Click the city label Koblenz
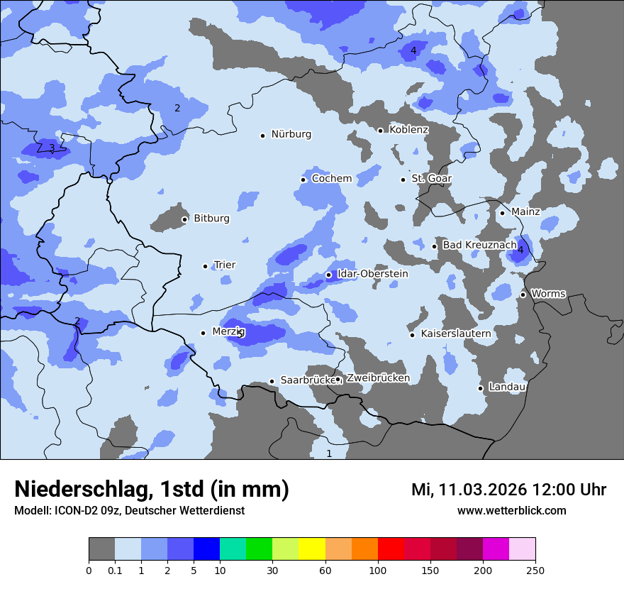pos(408,130)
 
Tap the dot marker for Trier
pos(206,266)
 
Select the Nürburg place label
pos(291,134)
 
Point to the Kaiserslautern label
pos(455,334)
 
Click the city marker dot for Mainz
pos(502,213)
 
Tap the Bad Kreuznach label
pos(479,245)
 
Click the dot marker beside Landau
pos(481,388)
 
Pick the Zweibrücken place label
pos(377,378)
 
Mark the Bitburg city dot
pos(184,219)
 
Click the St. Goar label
pos(431,178)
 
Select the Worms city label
pos(547,294)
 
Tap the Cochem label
pos(331,178)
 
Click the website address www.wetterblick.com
pos(511,510)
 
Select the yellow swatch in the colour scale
pos(312,549)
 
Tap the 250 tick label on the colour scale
pos(535,570)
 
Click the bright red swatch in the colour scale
pos(391,549)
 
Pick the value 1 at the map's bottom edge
pos(328,453)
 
